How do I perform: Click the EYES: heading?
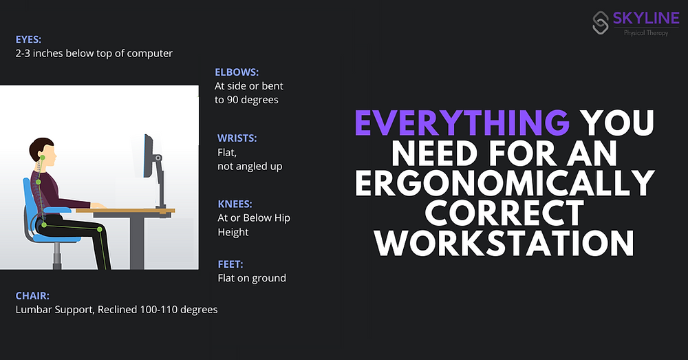[30, 40]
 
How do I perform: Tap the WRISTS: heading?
[237, 138]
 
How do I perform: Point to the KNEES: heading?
[235, 204]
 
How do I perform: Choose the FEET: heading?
[230, 264]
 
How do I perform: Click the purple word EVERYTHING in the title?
[462, 123]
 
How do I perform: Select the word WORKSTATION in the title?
[504, 243]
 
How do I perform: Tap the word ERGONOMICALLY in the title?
[504, 183]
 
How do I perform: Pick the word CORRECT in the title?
[504, 213]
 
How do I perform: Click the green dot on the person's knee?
[100, 229]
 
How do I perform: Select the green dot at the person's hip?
[45, 224]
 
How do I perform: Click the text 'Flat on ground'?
[251, 278]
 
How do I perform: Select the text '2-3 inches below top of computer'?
[94, 53]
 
